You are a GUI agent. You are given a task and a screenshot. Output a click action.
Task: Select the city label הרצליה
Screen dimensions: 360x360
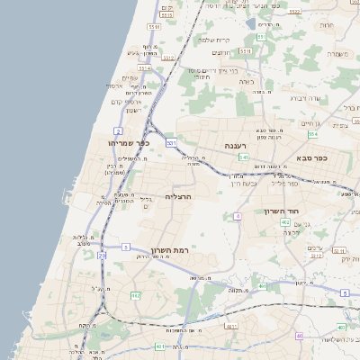pyautogui.click(x=180, y=195)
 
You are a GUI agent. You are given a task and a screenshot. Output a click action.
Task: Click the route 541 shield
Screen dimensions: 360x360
pyautogui.click(x=244, y=157)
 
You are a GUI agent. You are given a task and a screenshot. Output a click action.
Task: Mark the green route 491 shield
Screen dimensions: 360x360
pyautogui.click(x=263, y=286)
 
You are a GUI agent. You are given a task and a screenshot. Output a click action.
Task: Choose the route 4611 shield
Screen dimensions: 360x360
pyautogui.click(x=231, y=327)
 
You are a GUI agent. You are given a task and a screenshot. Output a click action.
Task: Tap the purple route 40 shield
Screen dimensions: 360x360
pyautogui.click(x=300, y=336)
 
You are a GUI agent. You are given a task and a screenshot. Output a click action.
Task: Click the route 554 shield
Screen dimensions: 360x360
pyautogui.click(x=312, y=134)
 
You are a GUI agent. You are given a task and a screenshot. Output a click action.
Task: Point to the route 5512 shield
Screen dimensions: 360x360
pyautogui.click(x=168, y=58)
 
